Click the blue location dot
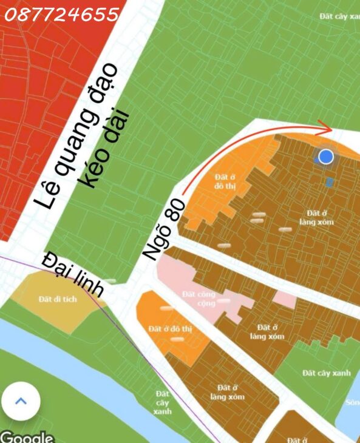tap(326, 157)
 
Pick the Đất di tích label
tap(58, 299)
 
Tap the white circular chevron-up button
tap(21, 401)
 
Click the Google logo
tap(27, 437)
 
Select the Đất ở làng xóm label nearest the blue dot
tap(316, 218)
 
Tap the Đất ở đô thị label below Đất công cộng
tap(170, 329)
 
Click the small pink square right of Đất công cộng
tap(284, 299)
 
